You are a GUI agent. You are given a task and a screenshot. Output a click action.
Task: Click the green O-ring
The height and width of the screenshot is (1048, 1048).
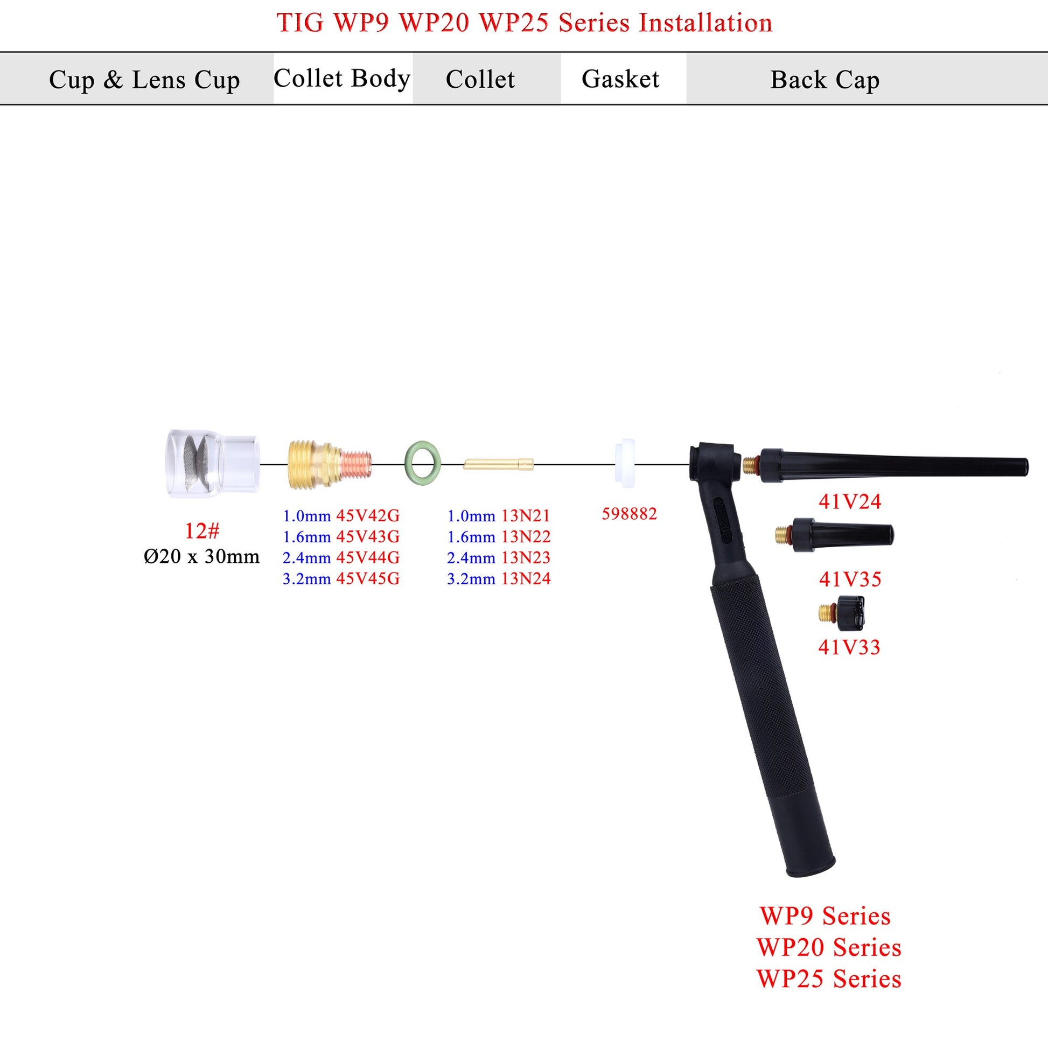[x=423, y=462]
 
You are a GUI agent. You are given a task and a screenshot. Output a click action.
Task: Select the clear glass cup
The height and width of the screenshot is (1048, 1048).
[x=212, y=464]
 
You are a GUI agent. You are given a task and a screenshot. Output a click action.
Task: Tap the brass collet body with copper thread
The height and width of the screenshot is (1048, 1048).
[x=328, y=463]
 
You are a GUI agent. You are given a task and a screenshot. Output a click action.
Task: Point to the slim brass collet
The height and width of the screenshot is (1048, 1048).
[x=499, y=464]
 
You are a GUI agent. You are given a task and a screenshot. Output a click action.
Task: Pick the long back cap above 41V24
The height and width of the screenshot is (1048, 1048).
[x=890, y=465]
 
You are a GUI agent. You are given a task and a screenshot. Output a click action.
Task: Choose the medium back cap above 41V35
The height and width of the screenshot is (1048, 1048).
[x=836, y=535]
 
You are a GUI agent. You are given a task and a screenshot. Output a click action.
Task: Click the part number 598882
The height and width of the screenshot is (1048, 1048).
[x=629, y=514]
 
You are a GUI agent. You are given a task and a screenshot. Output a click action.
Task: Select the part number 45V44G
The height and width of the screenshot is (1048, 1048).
[x=368, y=557]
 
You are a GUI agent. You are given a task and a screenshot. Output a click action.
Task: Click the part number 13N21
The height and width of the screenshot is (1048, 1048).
[x=526, y=515]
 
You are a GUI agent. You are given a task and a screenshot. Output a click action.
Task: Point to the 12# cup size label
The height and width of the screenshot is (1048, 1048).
[x=202, y=530]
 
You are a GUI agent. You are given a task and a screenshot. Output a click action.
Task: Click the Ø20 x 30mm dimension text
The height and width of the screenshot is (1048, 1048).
[x=202, y=556]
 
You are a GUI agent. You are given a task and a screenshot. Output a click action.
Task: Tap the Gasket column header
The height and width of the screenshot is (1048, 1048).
[x=620, y=79]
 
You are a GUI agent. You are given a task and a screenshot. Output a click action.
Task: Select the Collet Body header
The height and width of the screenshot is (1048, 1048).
[x=342, y=79]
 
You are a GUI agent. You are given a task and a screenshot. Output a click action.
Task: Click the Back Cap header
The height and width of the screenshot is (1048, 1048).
[x=825, y=80]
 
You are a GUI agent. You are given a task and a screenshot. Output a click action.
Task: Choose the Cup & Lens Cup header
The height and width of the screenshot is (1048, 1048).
[x=144, y=80]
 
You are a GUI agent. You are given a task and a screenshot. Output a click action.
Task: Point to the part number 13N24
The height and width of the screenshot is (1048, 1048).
[x=526, y=579]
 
